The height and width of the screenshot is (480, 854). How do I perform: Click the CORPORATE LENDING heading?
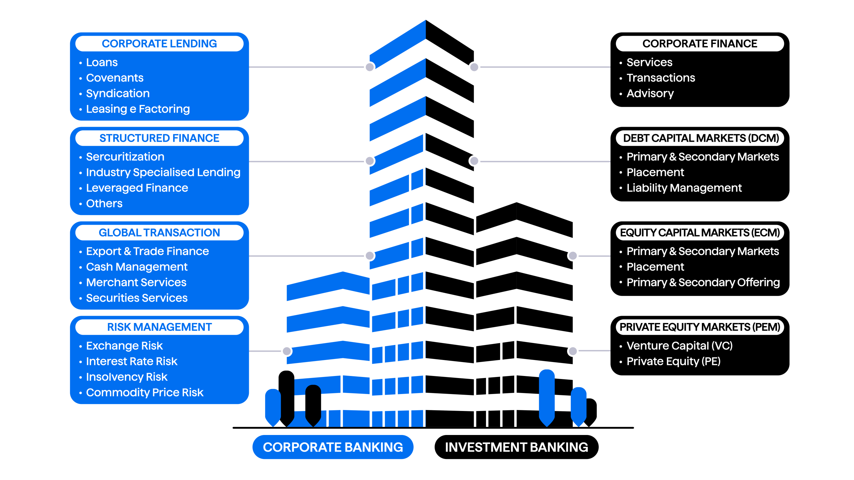coord(159,44)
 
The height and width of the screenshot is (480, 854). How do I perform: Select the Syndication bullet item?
coord(118,93)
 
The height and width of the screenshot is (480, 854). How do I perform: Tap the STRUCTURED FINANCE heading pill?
coord(159,138)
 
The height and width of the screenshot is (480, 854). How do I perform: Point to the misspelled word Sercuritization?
coord(125,157)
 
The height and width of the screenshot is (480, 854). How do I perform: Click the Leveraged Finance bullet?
coord(137,188)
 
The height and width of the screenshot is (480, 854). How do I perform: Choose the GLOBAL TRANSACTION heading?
coord(159,232)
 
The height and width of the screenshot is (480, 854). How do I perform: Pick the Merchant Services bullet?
coord(136,282)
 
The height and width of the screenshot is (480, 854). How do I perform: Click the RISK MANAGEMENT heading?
coord(159,327)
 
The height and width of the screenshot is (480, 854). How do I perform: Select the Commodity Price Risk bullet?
coord(144,393)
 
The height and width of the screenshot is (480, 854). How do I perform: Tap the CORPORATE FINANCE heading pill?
coord(700,44)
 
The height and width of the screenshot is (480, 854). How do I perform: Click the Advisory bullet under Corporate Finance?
coord(650,93)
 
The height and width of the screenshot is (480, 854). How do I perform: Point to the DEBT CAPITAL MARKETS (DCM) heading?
coord(701,138)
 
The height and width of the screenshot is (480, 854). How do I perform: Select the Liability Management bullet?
coord(684,188)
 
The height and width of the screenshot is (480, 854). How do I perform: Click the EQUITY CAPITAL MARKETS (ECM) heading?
coord(700,232)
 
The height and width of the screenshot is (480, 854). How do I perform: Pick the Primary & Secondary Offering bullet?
coord(703,282)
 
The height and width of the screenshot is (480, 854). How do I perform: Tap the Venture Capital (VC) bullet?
coord(679,346)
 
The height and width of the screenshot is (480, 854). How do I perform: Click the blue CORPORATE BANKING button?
coord(333,447)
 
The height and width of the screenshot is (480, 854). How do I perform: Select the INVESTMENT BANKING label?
coord(516,447)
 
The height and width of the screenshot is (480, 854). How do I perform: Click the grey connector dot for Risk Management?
coord(287,351)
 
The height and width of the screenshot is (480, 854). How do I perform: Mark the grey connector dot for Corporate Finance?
coord(474,67)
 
